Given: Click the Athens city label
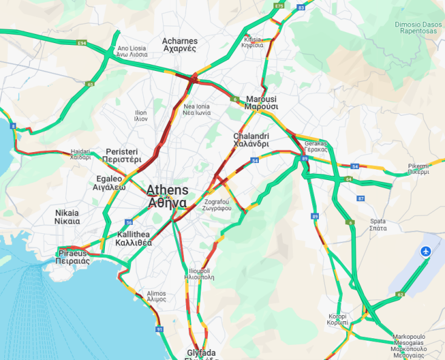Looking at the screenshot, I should pos(167,196).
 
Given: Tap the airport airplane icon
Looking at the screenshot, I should pos(426,251).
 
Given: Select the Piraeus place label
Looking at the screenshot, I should pos(73,256).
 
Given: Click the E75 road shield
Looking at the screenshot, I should pos(278,5).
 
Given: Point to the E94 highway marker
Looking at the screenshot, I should pos(82,43).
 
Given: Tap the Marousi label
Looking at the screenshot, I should pos(261,102).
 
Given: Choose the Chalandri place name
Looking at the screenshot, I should pos(251,140).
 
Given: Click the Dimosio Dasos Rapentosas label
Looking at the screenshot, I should pos(419,27).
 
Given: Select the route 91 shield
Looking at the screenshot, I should pos(159,329).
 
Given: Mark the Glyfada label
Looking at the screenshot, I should pos(201,354).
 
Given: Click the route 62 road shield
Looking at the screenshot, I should pos(400,295).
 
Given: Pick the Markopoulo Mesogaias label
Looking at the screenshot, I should pos(409,342).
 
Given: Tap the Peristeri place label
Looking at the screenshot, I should pos(123,155).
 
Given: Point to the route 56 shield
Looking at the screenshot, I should pos(129,222).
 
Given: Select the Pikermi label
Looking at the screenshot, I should pos(418,168).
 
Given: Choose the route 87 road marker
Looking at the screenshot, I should pos(361,199).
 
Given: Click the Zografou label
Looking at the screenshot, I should pos(217,204).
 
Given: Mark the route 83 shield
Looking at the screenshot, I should pos(301,7).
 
